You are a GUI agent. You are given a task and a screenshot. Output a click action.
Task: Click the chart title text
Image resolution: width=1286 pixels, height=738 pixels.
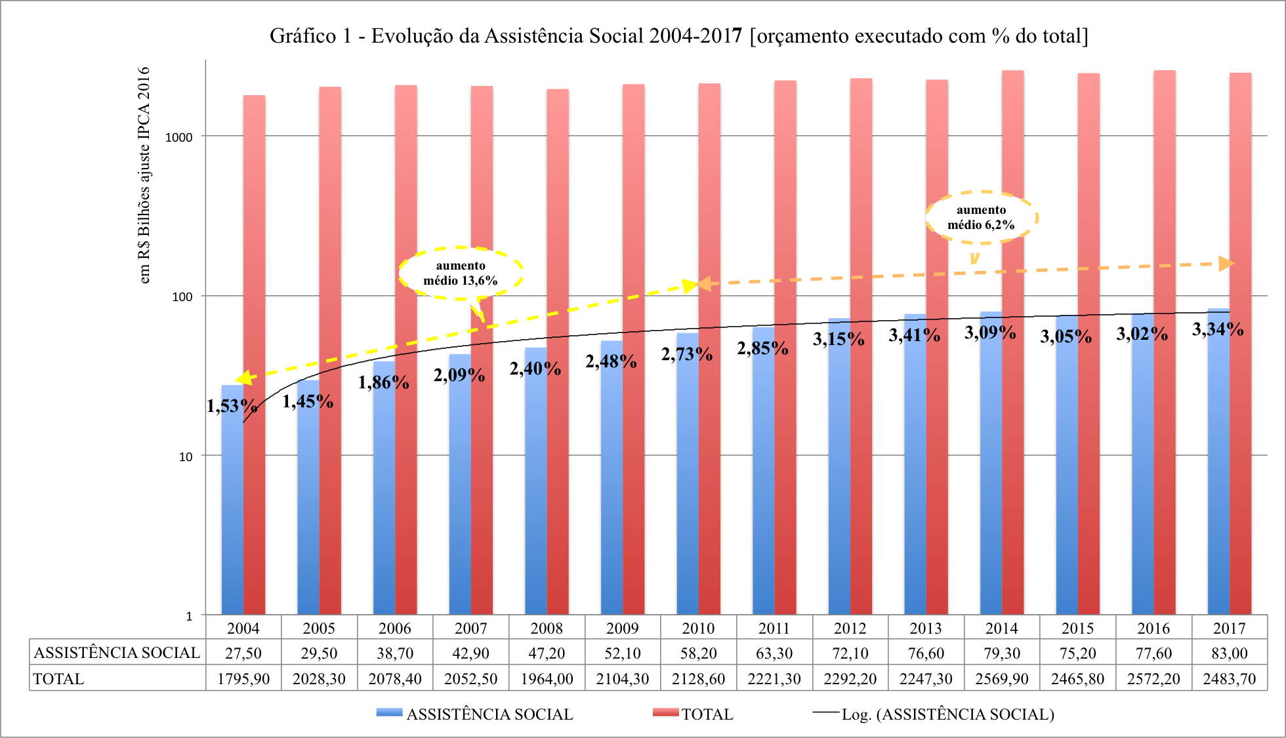pos(678,35)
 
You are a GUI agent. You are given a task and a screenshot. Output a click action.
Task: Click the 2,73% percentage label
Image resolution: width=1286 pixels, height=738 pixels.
pos(686,354)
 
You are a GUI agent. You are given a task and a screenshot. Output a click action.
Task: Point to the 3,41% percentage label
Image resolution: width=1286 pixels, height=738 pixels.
pos(914,335)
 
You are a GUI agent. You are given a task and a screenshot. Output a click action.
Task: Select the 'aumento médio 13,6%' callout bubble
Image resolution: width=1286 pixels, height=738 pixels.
pos(461,273)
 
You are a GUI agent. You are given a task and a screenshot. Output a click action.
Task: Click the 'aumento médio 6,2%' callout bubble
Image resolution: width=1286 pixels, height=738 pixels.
pos(981,217)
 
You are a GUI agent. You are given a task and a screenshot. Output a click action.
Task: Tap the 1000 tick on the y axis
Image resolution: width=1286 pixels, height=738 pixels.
pos(178,137)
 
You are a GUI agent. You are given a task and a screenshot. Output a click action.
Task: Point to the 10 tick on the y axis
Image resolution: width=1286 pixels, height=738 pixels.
pos(186,457)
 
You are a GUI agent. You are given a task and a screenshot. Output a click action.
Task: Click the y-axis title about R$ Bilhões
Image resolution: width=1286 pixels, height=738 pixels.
pos(144,175)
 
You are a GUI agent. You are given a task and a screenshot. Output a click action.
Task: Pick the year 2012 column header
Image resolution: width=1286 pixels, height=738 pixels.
pos(850,628)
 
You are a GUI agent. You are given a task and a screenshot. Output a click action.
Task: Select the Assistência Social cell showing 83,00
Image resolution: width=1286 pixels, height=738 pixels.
pos(1229,653)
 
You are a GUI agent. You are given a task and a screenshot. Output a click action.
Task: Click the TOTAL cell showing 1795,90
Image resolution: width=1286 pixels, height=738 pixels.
pos(243,679)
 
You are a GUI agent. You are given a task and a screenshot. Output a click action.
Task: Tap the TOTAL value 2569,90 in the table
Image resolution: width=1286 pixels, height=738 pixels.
pos(1001,679)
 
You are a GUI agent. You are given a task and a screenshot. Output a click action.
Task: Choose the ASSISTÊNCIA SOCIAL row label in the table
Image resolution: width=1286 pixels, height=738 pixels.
pos(117,653)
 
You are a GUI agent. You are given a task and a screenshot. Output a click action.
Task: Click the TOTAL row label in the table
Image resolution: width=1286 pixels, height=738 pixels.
pos(59,679)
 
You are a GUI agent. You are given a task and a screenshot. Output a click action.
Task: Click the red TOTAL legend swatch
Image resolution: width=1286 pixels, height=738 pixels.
pos(665,712)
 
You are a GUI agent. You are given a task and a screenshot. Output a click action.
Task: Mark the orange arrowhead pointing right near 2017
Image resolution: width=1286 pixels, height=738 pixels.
pos(1226,264)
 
